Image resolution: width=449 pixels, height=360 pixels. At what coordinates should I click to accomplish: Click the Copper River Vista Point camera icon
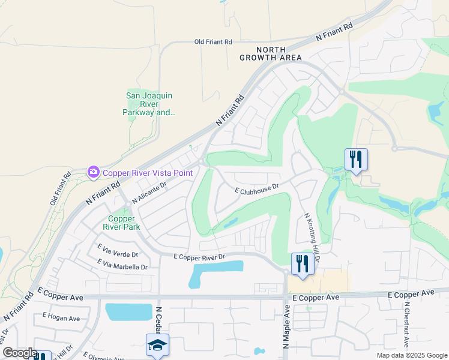(x=93, y=173)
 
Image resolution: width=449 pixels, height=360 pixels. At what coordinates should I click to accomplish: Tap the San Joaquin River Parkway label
(x=149, y=104)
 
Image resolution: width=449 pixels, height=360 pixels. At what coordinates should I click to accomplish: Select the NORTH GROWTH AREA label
(x=270, y=54)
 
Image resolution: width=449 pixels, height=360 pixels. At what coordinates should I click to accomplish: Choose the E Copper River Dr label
(x=199, y=257)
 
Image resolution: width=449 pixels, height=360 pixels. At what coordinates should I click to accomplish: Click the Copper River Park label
(x=124, y=223)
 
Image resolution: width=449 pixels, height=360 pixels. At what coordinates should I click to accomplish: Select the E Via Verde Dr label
(x=118, y=250)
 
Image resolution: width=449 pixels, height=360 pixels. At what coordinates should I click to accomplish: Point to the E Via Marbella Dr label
(x=122, y=265)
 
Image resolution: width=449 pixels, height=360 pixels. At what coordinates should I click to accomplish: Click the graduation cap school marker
(x=157, y=344)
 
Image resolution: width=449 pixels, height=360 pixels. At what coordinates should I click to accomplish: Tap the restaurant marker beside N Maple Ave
(x=302, y=263)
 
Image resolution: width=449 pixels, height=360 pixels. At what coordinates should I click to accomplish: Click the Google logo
(x=20, y=353)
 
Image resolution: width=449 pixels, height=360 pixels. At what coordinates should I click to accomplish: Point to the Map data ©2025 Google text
(x=411, y=355)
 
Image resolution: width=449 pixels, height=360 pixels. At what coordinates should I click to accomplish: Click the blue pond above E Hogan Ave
(x=128, y=312)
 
